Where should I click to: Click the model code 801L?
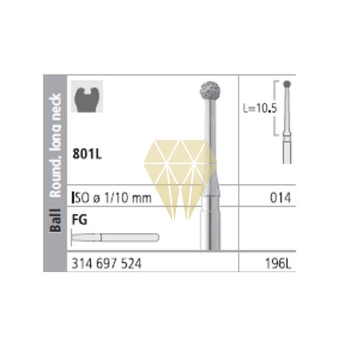click(87, 153)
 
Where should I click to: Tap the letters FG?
click(80, 220)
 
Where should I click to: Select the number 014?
click(280, 198)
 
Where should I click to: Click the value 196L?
click(278, 263)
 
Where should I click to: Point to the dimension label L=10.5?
click(260, 108)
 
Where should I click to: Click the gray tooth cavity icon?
click(87, 96)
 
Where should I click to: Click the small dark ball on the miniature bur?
click(287, 84)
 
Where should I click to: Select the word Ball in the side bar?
click(55, 220)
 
